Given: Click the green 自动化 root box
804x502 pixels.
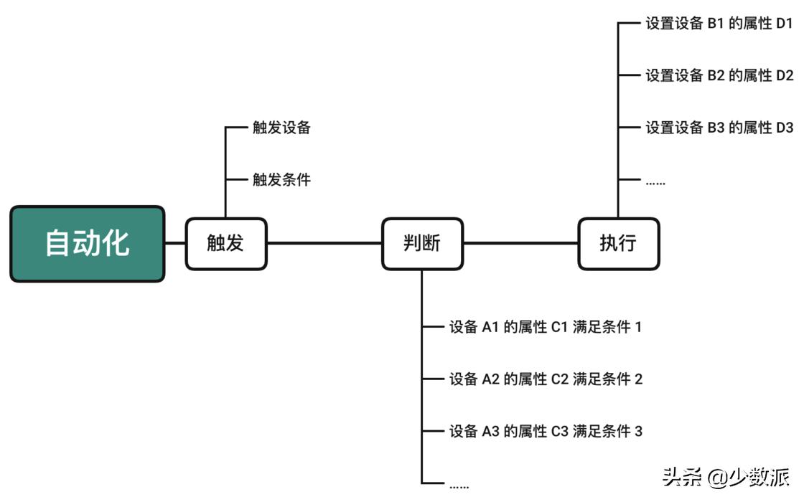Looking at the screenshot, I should point(88,244).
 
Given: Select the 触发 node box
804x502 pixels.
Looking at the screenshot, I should point(226,244).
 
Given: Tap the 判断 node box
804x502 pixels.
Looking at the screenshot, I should point(422,244).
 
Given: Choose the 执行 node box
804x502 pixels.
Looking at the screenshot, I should point(618,244).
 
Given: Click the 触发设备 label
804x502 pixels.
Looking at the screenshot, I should point(281,128).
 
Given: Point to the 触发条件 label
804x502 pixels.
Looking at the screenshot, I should point(281,179).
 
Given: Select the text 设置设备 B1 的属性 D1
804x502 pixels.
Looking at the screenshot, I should point(719,23).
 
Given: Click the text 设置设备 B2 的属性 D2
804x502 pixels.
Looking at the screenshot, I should point(719,75).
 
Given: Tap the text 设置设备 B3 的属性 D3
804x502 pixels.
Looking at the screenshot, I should point(719,128).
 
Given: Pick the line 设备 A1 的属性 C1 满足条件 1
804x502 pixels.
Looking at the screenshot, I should point(546,327).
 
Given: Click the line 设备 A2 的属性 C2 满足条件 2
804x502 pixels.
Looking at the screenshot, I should point(546,379).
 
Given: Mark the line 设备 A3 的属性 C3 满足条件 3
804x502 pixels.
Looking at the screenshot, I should point(546,431).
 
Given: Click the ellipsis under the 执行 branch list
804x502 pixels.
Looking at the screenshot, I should point(655,182).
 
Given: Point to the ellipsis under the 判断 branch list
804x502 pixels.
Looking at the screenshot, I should point(459,486).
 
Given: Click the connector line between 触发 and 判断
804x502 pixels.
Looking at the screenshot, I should point(324,243).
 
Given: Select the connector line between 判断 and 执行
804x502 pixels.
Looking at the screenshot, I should point(520,243).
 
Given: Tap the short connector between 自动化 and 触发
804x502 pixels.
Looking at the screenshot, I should point(175,243).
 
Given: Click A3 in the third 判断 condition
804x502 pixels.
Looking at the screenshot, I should point(490,431).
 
